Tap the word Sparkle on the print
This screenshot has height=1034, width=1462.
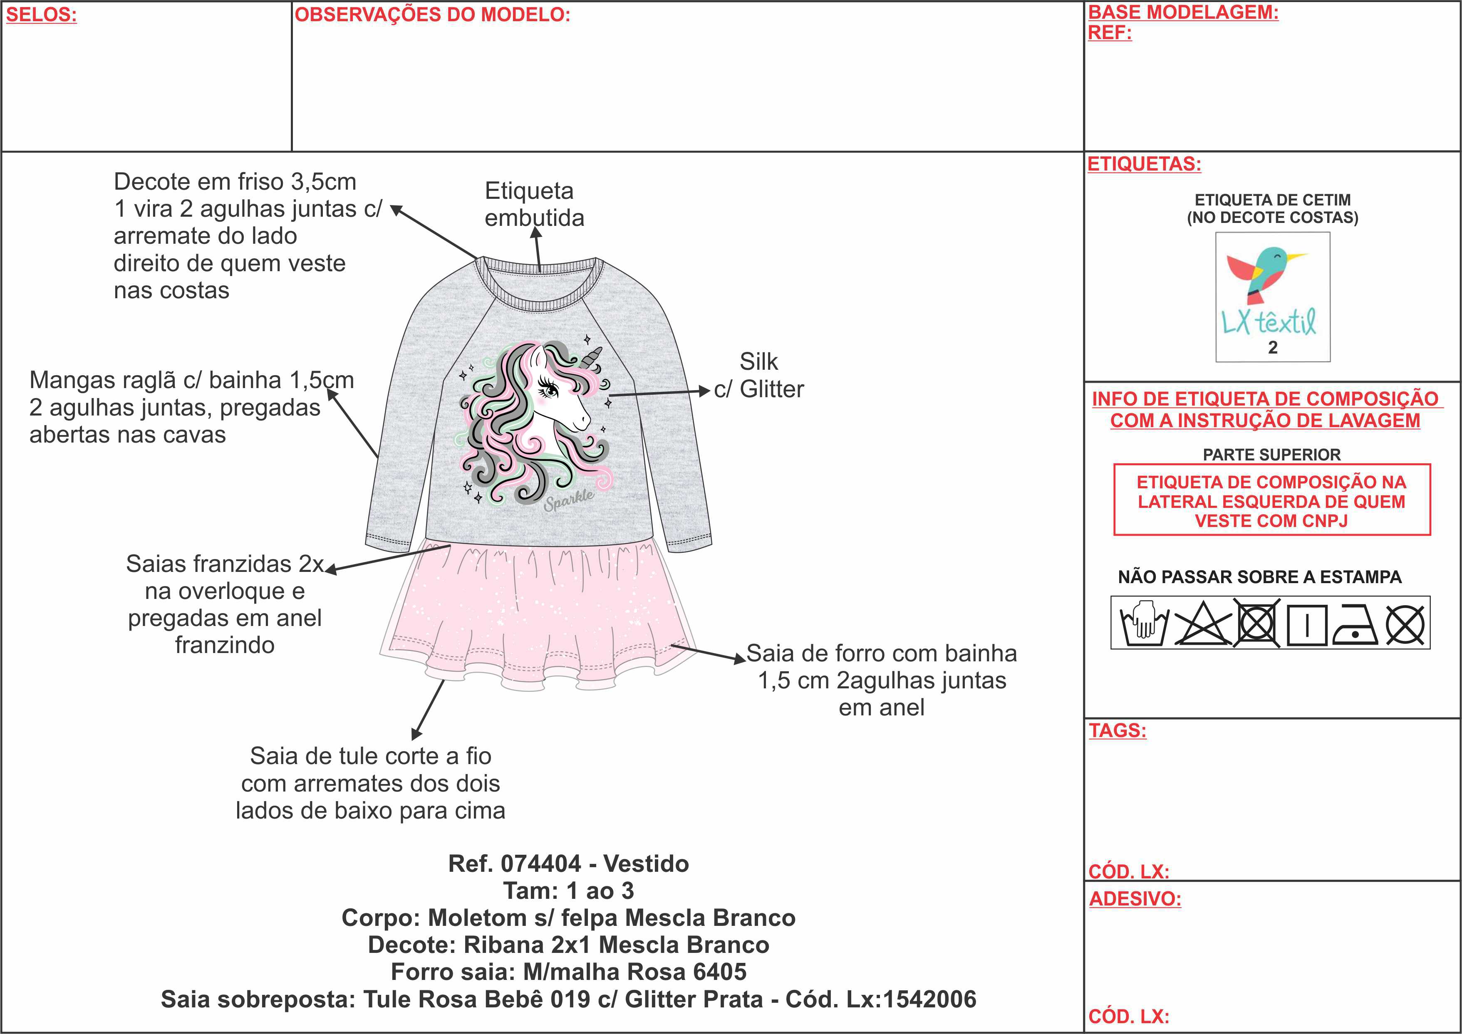(569, 500)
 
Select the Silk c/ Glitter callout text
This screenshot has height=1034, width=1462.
(758, 376)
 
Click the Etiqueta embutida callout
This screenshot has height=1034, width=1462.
(534, 204)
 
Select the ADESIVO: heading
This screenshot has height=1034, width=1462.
(1135, 899)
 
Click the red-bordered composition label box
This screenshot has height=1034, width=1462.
(1271, 501)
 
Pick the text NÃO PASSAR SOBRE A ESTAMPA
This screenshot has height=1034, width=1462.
(1259, 577)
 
